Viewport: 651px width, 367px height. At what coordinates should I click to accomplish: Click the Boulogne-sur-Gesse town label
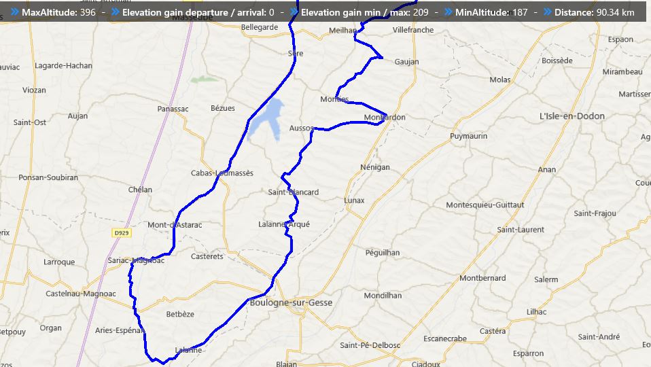pyautogui.click(x=291, y=302)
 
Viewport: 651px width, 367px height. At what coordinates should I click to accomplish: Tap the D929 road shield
pyautogui.click(x=122, y=232)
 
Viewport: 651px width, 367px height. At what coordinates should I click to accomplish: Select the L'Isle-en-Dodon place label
pyautogui.click(x=571, y=116)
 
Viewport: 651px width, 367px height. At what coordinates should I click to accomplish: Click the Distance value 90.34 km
pyautogui.click(x=618, y=12)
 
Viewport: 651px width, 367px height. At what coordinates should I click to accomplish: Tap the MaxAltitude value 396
pyautogui.click(x=88, y=12)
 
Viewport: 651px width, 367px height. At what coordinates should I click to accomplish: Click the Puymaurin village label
pyautogui.click(x=469, y=136)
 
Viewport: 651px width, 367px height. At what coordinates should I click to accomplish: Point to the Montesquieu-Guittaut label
pyautogui.click(x=485, y=205)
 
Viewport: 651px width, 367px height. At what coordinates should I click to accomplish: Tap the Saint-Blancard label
pyautogui.click(x=293, y=192)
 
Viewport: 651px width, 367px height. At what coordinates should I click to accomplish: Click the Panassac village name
pyautogui.click(x=173, y=109)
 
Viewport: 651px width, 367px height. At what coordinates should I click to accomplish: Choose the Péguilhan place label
pyautogui.click(x=383, y=252)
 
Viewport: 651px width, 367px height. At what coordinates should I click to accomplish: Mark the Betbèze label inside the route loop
pyautogui.click(x=180, y=314)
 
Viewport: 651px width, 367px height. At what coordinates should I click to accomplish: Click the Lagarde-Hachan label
pyautogui.click(x=63, y=65)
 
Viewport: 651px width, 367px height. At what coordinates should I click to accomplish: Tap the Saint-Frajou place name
pyautogui.click(x=595, y=213)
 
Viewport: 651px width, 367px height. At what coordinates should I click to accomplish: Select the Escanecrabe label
pyautogui.click(x=444, y=338)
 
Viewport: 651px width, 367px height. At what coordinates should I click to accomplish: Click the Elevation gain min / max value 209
pyautogui.click(x=421, y=12)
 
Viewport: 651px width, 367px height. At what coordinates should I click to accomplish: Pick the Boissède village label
pyautogui.click(x=557, y=60)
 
